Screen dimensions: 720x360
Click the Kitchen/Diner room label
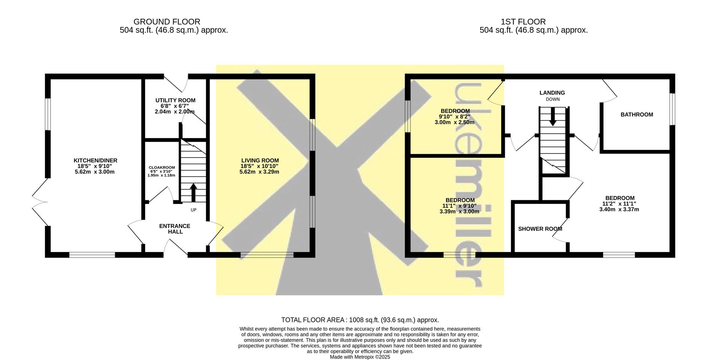point(95,160)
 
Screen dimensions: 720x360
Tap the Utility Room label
point(175,100)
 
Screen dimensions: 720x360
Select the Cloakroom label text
point(162,168)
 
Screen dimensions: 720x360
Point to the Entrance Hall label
point(175,229)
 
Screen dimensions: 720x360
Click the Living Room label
point(260,160)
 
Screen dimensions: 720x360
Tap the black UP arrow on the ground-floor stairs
point(193,192)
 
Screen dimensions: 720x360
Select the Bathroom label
point(637,115)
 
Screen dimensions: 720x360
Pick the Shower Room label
point(540,229)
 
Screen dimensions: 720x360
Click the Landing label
point(552,93)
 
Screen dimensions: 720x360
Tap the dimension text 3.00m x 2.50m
point(454,122)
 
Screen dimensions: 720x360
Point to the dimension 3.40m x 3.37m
point(619,210)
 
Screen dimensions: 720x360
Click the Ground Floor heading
point(167,22)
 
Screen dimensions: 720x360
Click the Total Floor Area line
point(360,320)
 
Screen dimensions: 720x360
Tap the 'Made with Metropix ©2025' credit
point(360,357)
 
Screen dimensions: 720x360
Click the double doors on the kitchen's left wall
point(40,202)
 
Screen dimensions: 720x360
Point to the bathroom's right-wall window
point(672,109)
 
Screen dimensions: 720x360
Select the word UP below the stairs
point(193,210)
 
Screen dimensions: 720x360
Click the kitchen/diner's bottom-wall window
point(92,255)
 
